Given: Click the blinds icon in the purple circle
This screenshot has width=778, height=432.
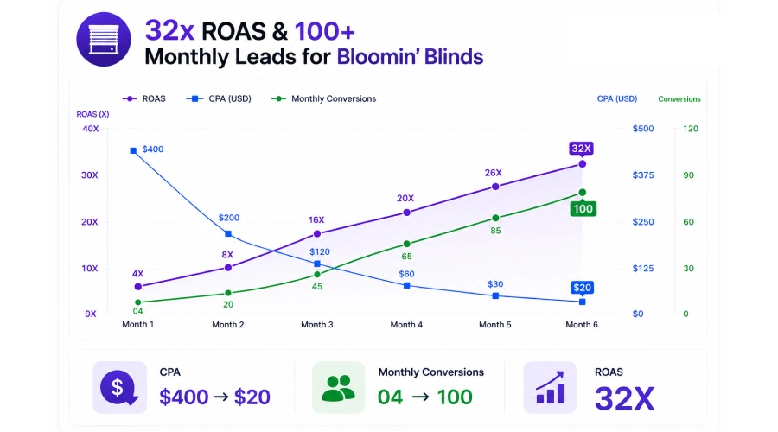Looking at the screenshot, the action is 104,39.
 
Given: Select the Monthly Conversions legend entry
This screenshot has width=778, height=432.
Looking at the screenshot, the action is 324,98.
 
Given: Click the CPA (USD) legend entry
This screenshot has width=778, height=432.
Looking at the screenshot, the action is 219,98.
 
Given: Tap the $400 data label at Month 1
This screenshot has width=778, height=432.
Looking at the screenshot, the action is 152,149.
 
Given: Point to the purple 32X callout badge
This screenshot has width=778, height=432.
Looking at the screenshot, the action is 581,149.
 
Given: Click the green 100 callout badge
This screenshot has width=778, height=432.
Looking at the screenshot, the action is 583,209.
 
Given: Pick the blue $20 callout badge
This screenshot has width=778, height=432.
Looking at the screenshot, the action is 582,288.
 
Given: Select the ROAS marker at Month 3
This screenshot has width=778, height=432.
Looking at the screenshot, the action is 317,233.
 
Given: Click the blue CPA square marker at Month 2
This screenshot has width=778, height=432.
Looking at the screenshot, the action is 227,233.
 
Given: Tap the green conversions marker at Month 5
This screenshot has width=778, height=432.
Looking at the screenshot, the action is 495,218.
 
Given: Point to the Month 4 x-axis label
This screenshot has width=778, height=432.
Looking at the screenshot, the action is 406,325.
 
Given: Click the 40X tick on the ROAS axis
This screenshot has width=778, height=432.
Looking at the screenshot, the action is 90,129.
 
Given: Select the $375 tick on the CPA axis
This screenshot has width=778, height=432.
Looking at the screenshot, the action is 643,175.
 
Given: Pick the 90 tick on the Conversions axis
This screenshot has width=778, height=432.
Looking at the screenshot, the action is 688,175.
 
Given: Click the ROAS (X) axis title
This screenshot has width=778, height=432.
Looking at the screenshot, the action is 92,114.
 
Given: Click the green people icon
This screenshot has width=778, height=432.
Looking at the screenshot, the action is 338,387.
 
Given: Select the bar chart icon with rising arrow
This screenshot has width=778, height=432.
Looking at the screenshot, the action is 550,387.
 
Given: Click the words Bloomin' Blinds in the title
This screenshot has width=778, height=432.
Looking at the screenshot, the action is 410,56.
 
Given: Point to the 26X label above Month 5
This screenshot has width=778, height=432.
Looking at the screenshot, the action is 494,173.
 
